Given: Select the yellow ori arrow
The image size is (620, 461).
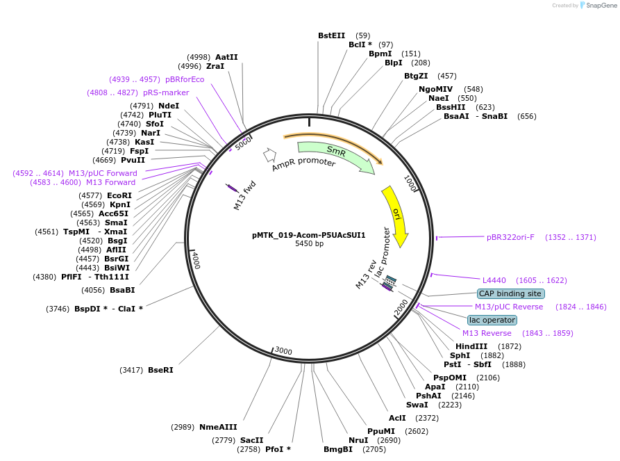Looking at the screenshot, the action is pyautogui.click(x=396, y=215).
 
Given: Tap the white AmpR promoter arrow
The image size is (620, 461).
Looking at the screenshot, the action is pyautogui.click(x=269, y=155).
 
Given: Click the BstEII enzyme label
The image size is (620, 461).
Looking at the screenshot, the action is pyautogui.click(x=331, y=35).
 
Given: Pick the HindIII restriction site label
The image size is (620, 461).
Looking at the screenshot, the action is pyautogui.click(x=471, y=346).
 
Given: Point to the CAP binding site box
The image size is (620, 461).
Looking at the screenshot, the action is pyautogui.click(x=510, y=293).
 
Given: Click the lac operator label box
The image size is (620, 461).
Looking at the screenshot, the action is pyautogui.click(x=492, y=320).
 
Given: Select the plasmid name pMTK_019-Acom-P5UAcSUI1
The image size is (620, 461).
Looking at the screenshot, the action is pyautogui.click(x=309, y=235).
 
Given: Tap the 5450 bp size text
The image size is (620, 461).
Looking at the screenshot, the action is pyautogui.click(x=309, y=243).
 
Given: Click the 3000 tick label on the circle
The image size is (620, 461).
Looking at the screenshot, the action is pyautogui.click(x=283, y=350).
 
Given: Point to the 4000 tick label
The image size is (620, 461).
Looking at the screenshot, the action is pyautogui.click(x=196, y=261).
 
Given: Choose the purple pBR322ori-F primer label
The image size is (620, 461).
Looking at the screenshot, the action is pyautogui.click(x=510, y=237).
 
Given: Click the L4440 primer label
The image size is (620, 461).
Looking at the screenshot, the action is pyautogui.click(x=494, y=280).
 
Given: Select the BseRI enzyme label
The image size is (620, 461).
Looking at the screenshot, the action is pyautogui.click(x=160, y=370).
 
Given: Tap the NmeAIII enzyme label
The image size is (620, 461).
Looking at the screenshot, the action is pyautogui.click(x=218, y=427).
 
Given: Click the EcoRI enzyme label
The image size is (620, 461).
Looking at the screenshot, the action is pyautogui.click(x=119, y=195).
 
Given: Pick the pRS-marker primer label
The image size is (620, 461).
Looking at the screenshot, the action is pyautogui.click(x=166, y=92).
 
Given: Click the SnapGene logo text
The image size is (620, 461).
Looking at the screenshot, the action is pyautogui.click(x=601, y=5).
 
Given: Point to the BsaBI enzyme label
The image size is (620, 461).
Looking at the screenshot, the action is pyautogui.click(x=122, y=290).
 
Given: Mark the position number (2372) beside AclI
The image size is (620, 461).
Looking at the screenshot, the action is pyautogui.click(x=427, y=418).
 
